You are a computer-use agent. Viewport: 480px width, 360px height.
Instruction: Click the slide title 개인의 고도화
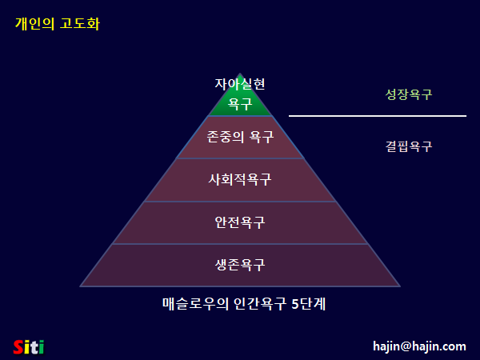pos(57,24)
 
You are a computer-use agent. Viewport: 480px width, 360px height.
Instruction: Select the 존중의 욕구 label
pos(240,137)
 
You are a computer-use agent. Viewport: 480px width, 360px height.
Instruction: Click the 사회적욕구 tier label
pos(240,179)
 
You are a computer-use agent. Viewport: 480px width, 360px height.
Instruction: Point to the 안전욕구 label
pos(240,222)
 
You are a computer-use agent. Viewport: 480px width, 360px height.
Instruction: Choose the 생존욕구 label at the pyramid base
pos(240,265)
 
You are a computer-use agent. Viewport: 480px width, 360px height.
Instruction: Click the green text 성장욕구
pos(409,94)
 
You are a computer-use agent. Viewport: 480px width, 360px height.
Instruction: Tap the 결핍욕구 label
pos(409,146)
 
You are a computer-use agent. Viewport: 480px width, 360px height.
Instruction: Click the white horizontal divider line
pos(377,116)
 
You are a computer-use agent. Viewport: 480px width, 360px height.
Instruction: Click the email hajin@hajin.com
pos(419,346)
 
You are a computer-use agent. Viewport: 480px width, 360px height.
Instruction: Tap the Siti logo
pos(29,346)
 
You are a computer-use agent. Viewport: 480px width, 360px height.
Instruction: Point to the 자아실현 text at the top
pos(240,83)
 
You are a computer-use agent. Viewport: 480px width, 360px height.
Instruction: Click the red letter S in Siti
pos(18,346)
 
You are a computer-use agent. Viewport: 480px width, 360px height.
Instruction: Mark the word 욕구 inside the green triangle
pos(240,103)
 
